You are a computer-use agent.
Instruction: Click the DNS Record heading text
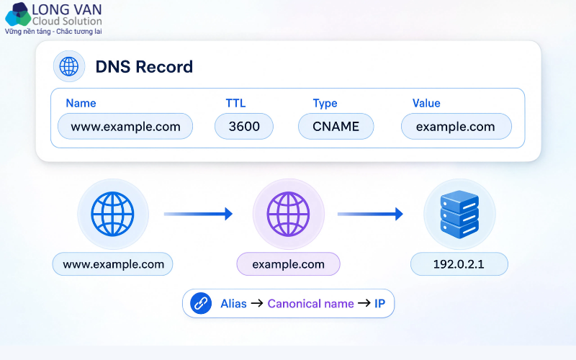coord(144,67)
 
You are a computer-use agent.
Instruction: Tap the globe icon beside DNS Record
coord(69,66)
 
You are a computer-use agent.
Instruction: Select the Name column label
coord(81,103)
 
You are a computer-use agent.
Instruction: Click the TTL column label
coord(235,103)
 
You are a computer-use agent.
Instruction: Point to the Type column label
coord(325,104)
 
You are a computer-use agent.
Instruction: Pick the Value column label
coord(426,103)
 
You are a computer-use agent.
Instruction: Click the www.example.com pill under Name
coord(125,127)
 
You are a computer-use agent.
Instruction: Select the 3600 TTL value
coord(244,127)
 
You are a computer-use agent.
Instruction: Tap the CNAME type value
coord(336,127)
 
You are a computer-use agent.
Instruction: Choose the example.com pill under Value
coord(456,127)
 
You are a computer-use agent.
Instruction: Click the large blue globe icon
coord(113,214)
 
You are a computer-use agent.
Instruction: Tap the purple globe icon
coord(289,214)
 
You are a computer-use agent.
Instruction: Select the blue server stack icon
coord(459,214)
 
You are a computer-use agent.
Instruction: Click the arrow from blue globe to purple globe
coord(199,214)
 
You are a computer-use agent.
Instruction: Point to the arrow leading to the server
coord(370,214)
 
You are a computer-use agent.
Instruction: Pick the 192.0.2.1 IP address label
coord(459,264)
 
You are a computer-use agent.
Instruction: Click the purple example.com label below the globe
coord(289,264)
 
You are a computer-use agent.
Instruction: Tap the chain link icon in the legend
coord(201,303)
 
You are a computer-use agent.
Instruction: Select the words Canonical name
coord(310,304)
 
